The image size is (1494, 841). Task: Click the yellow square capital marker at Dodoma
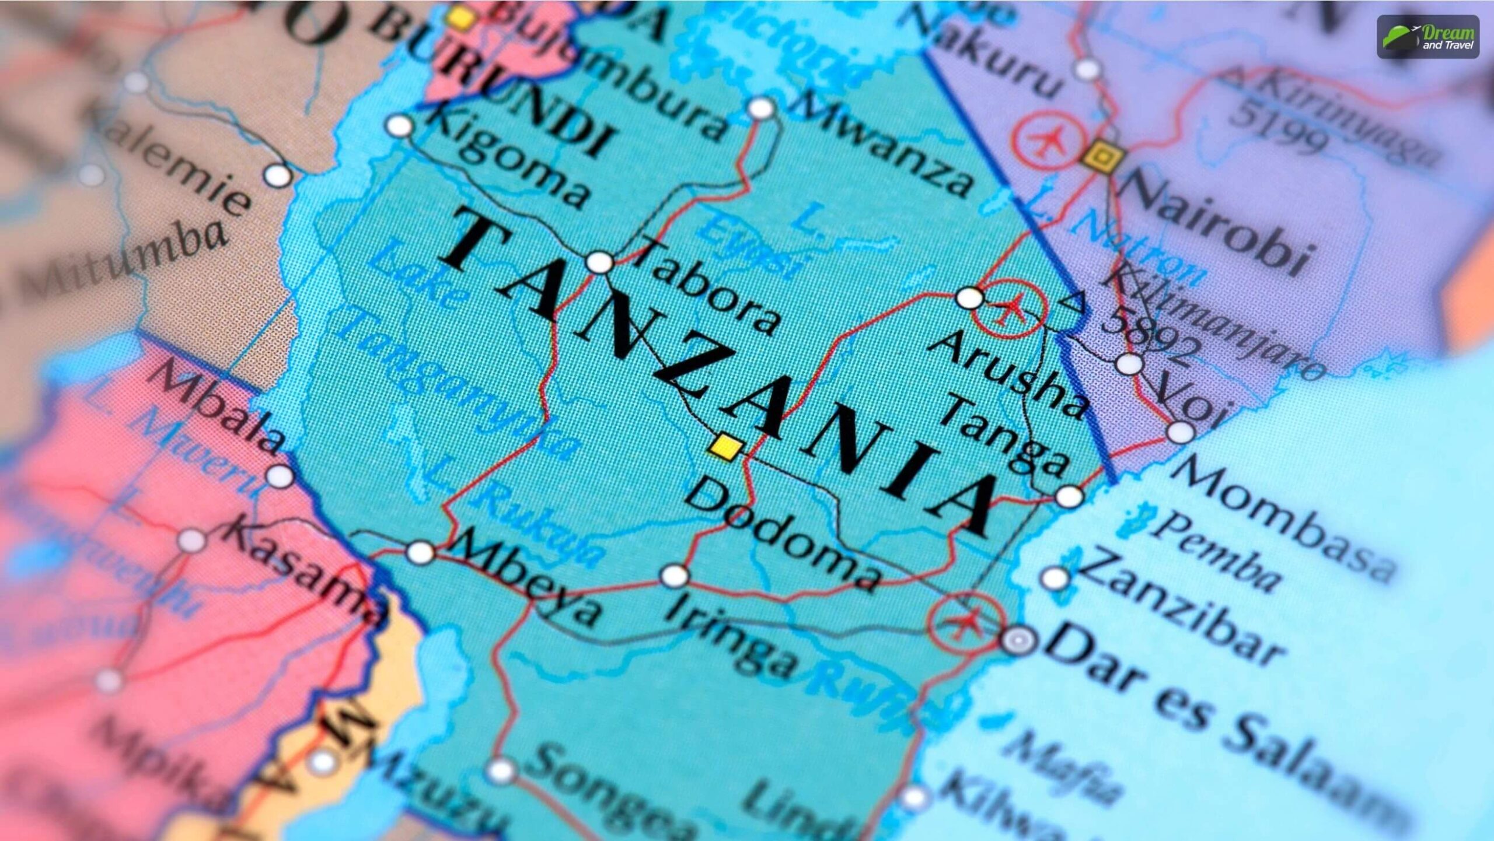pyautogui.click(x=725, y=447)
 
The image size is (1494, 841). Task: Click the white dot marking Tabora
pyautogui.click(x=599, y=262)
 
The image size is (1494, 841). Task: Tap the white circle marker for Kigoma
pyautogui.click(x=400, y=125)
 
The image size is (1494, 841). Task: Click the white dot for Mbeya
pyautogui.click(x=420, y=552)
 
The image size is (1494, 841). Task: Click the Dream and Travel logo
pyautogui.click(x=1428, y=37)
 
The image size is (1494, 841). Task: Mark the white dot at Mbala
pyautogui.click(x=280, y=476)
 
